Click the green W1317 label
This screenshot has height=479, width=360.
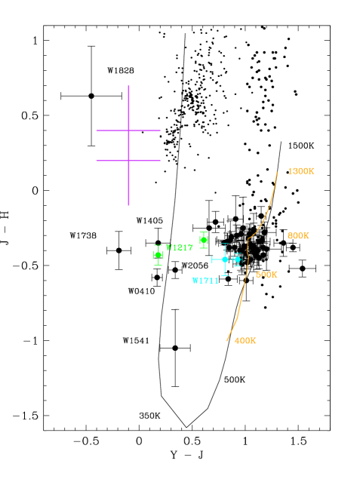click(180, 247)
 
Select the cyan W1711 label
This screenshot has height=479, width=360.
click(205, 281)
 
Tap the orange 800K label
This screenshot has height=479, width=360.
click(298, 236)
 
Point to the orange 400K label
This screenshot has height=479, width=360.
click(245, 341)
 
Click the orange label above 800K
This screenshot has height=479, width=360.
click(300, 171)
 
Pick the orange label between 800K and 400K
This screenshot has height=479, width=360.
click(266, 275)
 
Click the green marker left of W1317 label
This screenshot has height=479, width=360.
click(158, 255)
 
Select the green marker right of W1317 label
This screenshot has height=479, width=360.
click(204, 240)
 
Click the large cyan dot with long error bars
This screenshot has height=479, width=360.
click(225, 259)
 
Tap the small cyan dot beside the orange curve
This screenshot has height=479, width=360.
click(237, 259)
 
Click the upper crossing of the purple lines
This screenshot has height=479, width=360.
click(128, 130)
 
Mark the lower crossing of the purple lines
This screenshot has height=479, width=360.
click(128, 161)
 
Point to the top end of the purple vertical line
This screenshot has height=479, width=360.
click(128, 86)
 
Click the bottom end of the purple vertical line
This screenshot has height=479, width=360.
click(128, 204)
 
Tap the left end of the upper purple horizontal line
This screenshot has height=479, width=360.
click(97, 130)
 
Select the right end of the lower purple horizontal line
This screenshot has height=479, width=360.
click(160, 161)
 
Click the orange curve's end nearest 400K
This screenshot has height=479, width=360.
click(226, 341)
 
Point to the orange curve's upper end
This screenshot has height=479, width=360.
click(277, 172)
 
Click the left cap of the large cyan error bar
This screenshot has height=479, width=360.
click(212, 259)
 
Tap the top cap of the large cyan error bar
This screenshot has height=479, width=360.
click(225, 244)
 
